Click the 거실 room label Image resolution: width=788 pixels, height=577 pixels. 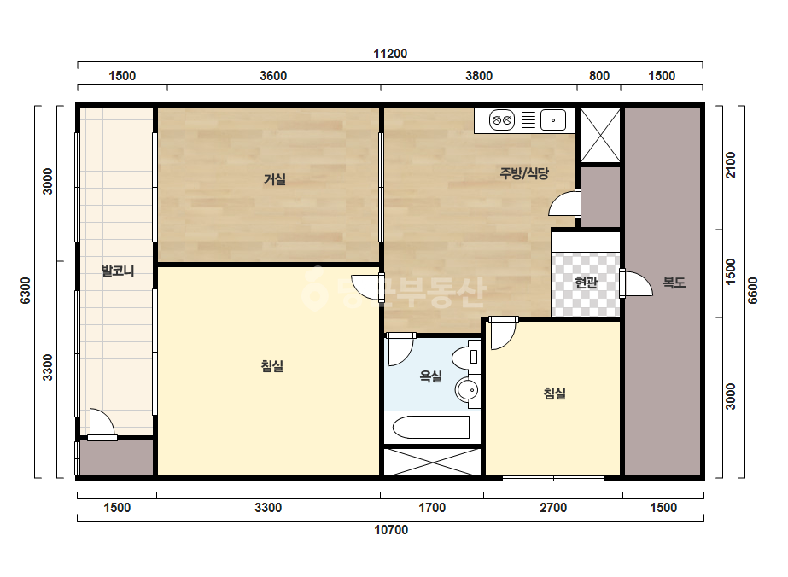pos(275,179)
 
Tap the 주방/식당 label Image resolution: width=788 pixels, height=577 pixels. pos(524,173)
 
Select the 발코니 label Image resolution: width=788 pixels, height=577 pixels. pos(118,271)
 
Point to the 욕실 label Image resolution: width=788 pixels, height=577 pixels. pos(430,376)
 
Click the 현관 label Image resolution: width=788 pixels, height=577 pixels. pos(586,283)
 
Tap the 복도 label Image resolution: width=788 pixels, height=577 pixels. pos(674,283)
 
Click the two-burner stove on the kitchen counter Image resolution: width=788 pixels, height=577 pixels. pos(501,120)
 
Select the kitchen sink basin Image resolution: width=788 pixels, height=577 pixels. pos(553,120)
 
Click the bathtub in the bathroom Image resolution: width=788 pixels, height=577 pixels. pos(431,428)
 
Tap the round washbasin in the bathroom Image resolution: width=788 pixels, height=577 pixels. pos(468,390)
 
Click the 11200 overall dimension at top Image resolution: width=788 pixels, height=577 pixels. pos(390,54)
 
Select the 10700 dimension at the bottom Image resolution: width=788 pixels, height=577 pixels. pos(391,530)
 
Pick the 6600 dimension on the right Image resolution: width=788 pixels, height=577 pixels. pos(752,290)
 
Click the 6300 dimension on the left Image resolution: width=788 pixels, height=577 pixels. pos(25,290)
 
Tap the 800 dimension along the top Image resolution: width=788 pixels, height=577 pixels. pos(599,76)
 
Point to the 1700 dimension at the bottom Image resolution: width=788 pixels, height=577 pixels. pos(432,508)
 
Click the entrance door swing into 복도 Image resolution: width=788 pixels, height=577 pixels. pos(636,284)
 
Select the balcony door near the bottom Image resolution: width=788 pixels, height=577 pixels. pos(102,425)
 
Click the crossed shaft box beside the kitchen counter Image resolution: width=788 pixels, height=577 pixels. pos(600,135)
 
